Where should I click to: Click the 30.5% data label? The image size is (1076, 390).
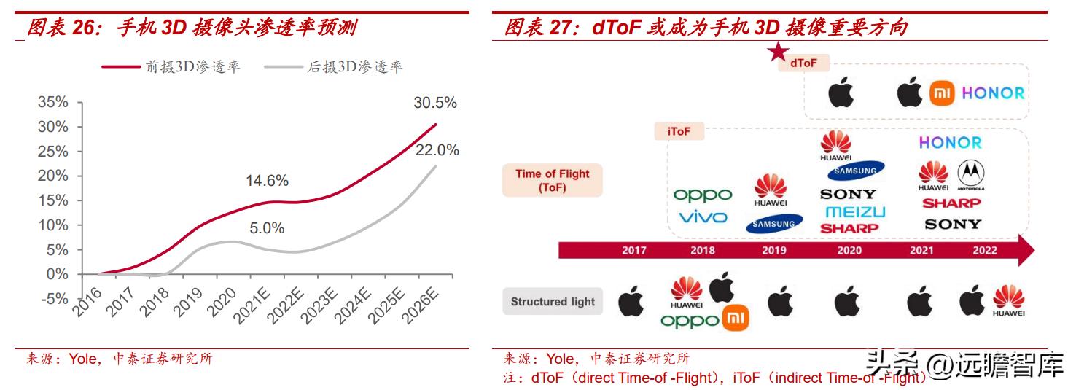pyautogui.click(x=435, y=103)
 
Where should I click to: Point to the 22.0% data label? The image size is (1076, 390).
pyautogui.click(x=437, y=150)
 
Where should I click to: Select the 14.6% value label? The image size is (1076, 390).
pyautogui.click(x=267, y=181)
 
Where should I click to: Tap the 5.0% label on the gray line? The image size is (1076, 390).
pyautogui.click(x=267, y=228)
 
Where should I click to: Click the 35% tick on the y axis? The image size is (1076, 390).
pyautogui.click(x=53, y=102)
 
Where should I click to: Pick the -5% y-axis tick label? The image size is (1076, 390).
pyautogui.click(x=53, y=299)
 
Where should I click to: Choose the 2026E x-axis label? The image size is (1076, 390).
pyautogui.click(x=421, y=305)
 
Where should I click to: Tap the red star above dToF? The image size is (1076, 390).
pyautogui.click(x=779, y=51)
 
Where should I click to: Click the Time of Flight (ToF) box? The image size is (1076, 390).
pyautogui.click(x=553, y=180)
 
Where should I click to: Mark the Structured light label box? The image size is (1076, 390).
pyautogui.click(x=553, y=302)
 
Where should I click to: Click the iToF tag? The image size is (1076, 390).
pyautogui.click(x=679, y=131)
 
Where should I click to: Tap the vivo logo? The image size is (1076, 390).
pyautogui.click(x=703, y=217)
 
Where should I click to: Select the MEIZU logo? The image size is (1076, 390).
pyautogui.click(x=855, y=212)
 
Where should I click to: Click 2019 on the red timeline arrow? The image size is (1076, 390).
pyautogui.click(x=774, y=251)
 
